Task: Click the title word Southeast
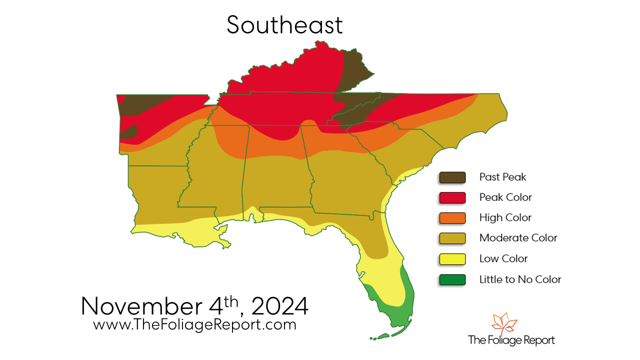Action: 284,25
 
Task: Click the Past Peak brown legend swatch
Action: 452,177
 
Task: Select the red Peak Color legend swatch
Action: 452,197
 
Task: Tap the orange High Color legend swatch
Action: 452,218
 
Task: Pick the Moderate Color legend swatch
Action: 452,238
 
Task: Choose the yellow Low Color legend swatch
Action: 452,259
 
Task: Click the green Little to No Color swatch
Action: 452,279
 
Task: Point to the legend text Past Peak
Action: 502,177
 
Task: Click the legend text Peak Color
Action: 505,197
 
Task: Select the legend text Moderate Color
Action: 518,238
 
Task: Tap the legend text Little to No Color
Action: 520,279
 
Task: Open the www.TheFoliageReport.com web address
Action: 194,324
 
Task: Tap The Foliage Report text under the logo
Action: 511,340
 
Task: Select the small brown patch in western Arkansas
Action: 128,132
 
